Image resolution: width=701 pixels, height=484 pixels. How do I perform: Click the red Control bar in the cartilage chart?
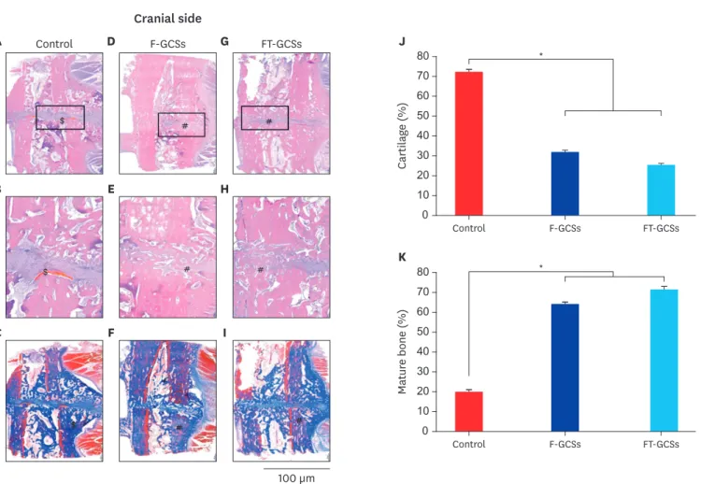tap(468, 144)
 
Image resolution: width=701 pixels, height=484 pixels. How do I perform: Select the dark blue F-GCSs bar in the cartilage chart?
tap(565, 184)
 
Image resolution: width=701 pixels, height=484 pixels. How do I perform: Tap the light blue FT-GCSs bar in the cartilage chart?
tap(661, 190)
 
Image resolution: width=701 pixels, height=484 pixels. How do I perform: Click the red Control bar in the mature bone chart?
tap(468, 412)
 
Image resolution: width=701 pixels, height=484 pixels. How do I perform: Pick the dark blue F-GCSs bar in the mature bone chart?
tap(565, 368)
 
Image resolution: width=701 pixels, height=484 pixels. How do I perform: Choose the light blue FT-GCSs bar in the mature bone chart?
tap(664, 361)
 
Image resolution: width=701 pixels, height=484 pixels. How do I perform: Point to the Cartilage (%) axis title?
tap(402, 135)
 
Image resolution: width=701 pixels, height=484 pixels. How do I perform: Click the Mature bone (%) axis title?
tap(402, 351)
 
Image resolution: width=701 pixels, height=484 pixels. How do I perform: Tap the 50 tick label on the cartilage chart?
tap(422, 116)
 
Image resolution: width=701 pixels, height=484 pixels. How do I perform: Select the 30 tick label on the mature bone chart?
tap(422, 371)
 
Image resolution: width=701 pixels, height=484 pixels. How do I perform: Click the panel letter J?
tap(402, 42)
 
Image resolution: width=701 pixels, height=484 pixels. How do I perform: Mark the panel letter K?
tap(402, 257)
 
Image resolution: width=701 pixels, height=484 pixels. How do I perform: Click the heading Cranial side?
tap(167, 19)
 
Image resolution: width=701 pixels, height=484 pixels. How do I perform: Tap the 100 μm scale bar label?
tap(296, 478)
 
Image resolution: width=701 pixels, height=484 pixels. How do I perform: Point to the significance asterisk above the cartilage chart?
tap(541, 55)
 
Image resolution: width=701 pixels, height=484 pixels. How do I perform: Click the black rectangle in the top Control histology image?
tap(61, 106)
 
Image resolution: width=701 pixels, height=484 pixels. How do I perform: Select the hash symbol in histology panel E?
tap(187, 269)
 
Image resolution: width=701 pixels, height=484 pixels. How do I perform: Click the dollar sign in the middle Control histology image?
tap(45, 272)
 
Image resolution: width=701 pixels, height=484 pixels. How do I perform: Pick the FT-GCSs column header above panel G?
tap(281, 44)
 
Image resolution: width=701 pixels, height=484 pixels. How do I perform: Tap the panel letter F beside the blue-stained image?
tap(111, 333)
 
